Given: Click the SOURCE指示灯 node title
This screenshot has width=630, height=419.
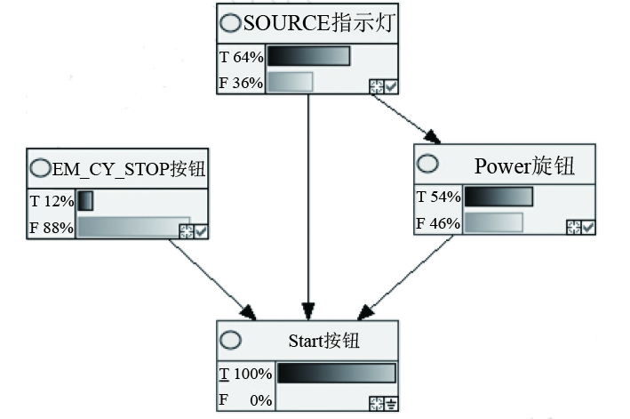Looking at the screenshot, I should (x=317, y=23).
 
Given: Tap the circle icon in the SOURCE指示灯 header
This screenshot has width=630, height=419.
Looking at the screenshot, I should (x=230, y=23).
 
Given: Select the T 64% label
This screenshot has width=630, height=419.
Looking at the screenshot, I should (x=241, y=57).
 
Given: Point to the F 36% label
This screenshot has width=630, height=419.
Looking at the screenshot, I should (x=241, y=83).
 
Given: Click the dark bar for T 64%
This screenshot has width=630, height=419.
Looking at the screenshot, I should (x=308, y=57).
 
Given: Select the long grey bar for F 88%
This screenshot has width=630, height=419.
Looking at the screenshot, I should (x=133, y=228).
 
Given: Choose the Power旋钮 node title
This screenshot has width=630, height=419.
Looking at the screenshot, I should (x=524, y=165).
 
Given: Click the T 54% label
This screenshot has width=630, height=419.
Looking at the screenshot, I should (x=438, y=197).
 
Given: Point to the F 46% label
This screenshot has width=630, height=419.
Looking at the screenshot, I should (x=438, y=222).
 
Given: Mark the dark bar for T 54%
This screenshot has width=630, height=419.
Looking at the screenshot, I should (x=498, y=197).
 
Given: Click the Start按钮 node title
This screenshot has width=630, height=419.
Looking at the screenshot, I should (x=324, y=341).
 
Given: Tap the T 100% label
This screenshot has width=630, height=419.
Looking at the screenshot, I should (x=245, y=374).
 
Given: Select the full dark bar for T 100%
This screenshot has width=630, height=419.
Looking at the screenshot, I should (x=336, y=374).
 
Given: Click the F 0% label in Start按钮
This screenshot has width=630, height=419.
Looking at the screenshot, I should (x=245, y=400).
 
